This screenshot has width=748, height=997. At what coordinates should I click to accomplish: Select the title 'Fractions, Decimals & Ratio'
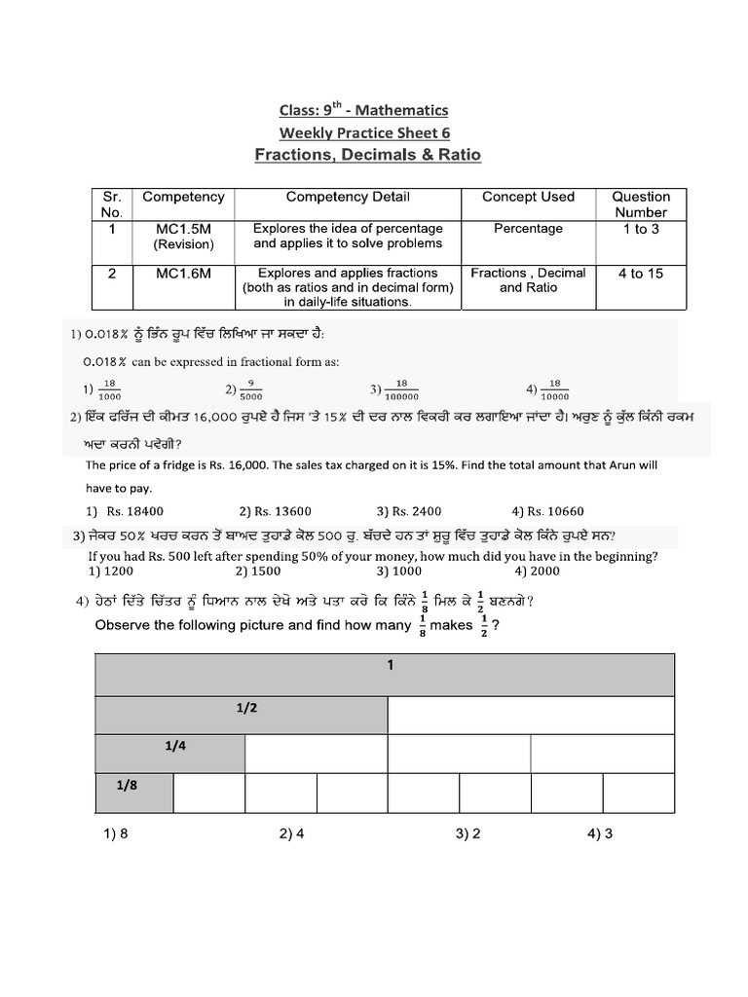(x=367, y=155)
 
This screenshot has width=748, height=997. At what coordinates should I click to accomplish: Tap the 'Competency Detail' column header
(x=348, y=197)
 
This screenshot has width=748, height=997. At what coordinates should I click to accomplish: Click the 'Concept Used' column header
(x=528, y=197)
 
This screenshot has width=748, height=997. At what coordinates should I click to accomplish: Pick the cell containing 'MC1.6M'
(x=183, y=274)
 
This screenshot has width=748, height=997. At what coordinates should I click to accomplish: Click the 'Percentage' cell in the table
(x=528, y=228)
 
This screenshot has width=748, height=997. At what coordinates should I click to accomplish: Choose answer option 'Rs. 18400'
(x=127, y=511)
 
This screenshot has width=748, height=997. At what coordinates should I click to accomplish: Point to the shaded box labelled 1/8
(x=133, y=792)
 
